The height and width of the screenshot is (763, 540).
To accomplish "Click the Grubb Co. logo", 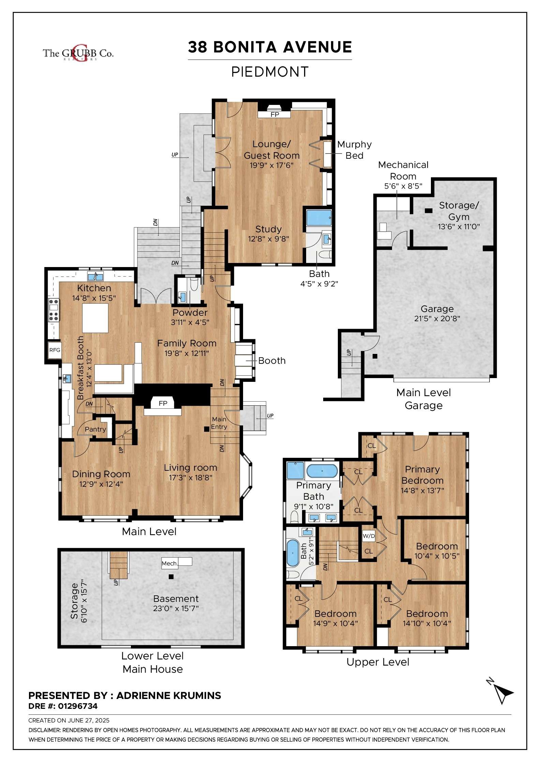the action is [x=78, y=53].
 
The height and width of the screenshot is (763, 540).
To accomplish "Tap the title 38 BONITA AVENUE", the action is [x=270, y=47].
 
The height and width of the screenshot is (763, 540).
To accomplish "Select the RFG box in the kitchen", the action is [x=55, y=350].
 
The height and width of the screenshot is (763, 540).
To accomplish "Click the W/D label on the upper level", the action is [x=369, y=536].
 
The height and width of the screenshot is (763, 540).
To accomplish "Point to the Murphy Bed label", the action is [x=354, y=150].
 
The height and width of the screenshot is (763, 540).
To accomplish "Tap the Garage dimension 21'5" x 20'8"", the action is [x=437, y=319].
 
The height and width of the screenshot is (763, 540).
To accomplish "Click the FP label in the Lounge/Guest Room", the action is [x=275, y=114].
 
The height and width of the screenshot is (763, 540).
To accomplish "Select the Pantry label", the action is [x=95, y=429].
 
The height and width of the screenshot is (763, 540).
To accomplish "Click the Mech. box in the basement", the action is [x=169, y=563].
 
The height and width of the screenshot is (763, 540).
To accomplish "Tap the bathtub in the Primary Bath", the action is [x=322, y=471].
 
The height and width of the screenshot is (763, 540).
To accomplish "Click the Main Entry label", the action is [x=219, y=423].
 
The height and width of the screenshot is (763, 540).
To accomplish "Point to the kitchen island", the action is [x=95, y=318].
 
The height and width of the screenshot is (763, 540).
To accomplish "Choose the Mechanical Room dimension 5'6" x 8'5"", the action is [x=403, y=186].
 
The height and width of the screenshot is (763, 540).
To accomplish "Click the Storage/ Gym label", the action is [x=459, y=211].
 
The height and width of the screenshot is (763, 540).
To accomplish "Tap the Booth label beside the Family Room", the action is [x=272, y=361].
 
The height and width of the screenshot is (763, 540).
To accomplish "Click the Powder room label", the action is [x=190, y=313].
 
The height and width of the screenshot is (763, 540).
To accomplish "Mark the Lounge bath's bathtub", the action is [x=319, y=218].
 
